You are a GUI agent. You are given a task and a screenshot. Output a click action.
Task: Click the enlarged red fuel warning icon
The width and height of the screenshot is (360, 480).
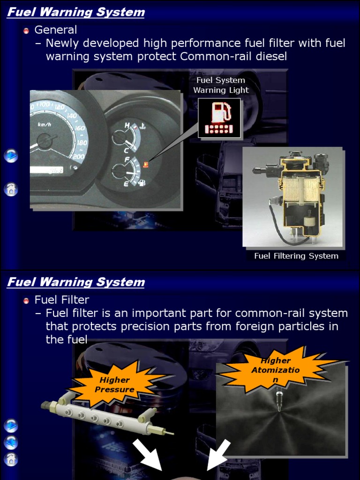tap(219, 118)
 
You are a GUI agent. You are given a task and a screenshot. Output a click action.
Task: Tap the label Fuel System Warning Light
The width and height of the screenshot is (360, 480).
tap(221, 85)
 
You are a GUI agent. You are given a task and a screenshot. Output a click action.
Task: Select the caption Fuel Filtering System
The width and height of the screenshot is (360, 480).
tap(296, 256)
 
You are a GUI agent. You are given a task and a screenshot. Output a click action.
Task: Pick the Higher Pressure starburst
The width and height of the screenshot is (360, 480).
tap(114, 384)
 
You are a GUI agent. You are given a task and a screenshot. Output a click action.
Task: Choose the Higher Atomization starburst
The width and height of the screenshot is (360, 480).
tap(276, 370)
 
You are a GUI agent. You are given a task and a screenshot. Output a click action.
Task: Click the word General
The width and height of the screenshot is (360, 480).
tap(56, 30)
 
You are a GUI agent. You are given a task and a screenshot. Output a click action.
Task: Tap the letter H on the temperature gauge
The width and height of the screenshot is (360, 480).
tap(127, 126)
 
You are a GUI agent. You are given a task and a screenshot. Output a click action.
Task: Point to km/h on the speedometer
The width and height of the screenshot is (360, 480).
tap(45, 124)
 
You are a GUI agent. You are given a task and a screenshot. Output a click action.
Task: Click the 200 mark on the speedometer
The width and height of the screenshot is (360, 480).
tap(79, 157)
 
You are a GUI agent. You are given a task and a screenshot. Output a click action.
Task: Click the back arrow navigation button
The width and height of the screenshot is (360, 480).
tap(11, 442)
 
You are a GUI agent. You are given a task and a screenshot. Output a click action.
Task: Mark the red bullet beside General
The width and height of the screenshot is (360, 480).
tap(26, 31)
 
